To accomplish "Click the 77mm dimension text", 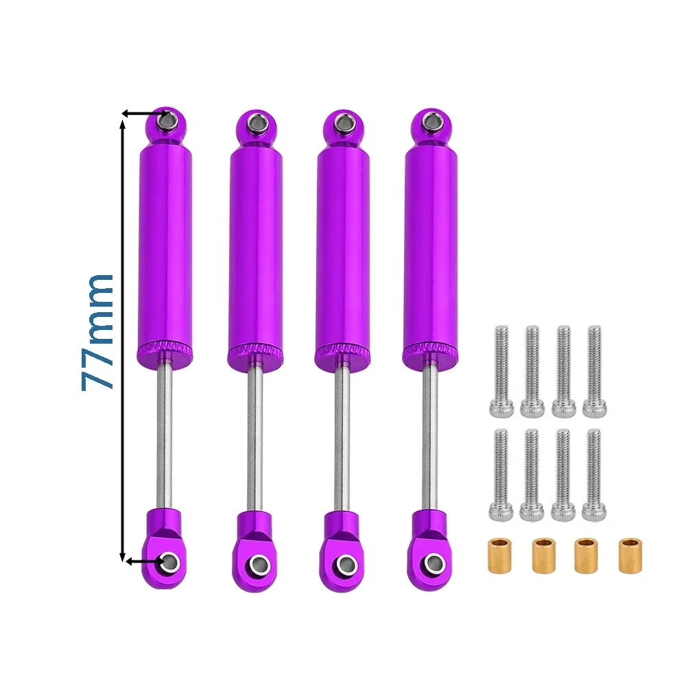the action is (x=97, y=332).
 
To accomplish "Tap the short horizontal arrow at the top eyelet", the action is (x=144, y=114).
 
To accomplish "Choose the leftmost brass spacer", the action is (x=500, y=556).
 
